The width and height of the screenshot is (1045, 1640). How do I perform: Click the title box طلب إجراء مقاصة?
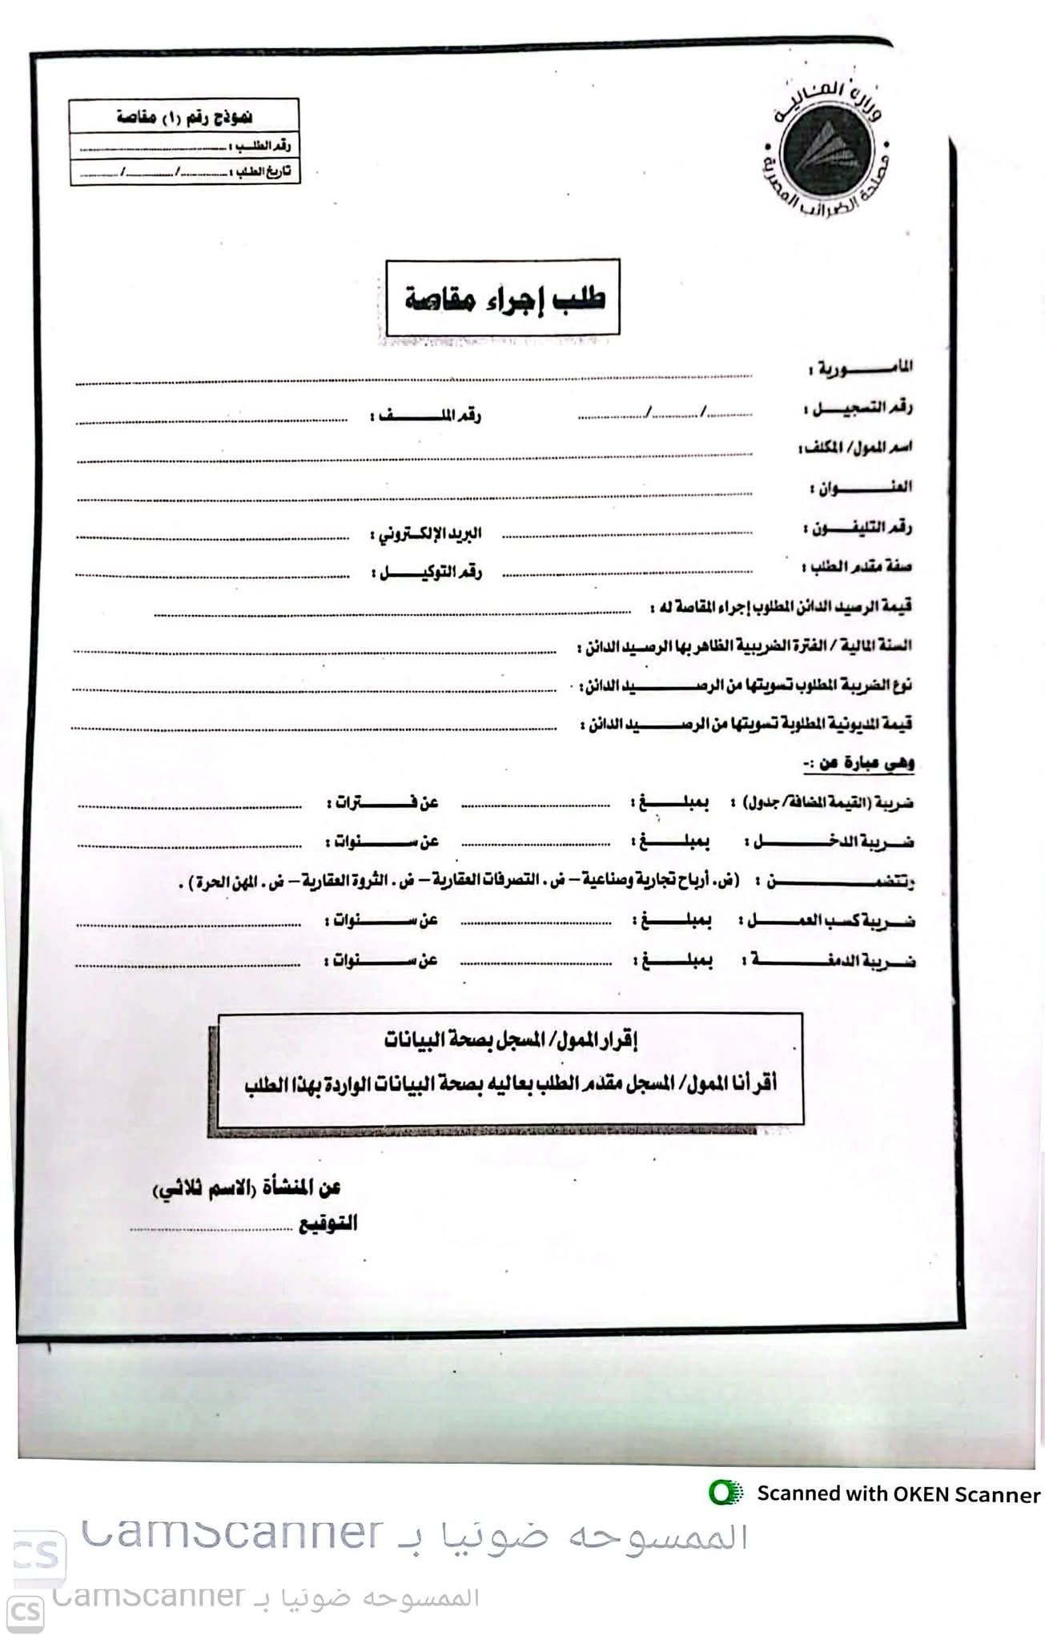coord(503,298)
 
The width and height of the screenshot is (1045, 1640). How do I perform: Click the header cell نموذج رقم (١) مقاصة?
coord(184,117)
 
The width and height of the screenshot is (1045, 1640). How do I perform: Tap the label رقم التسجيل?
coord(858,408)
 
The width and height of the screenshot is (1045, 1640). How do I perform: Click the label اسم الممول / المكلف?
coord(855,448)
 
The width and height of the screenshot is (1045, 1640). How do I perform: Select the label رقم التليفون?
coord(858,528)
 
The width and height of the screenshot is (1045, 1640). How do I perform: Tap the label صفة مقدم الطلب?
coord(857,567)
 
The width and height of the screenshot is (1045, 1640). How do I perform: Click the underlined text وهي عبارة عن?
coord(858,764)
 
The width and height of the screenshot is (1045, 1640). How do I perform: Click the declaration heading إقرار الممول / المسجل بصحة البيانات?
coord(511,1041)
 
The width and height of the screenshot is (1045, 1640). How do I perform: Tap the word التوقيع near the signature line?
coord(328,1224)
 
